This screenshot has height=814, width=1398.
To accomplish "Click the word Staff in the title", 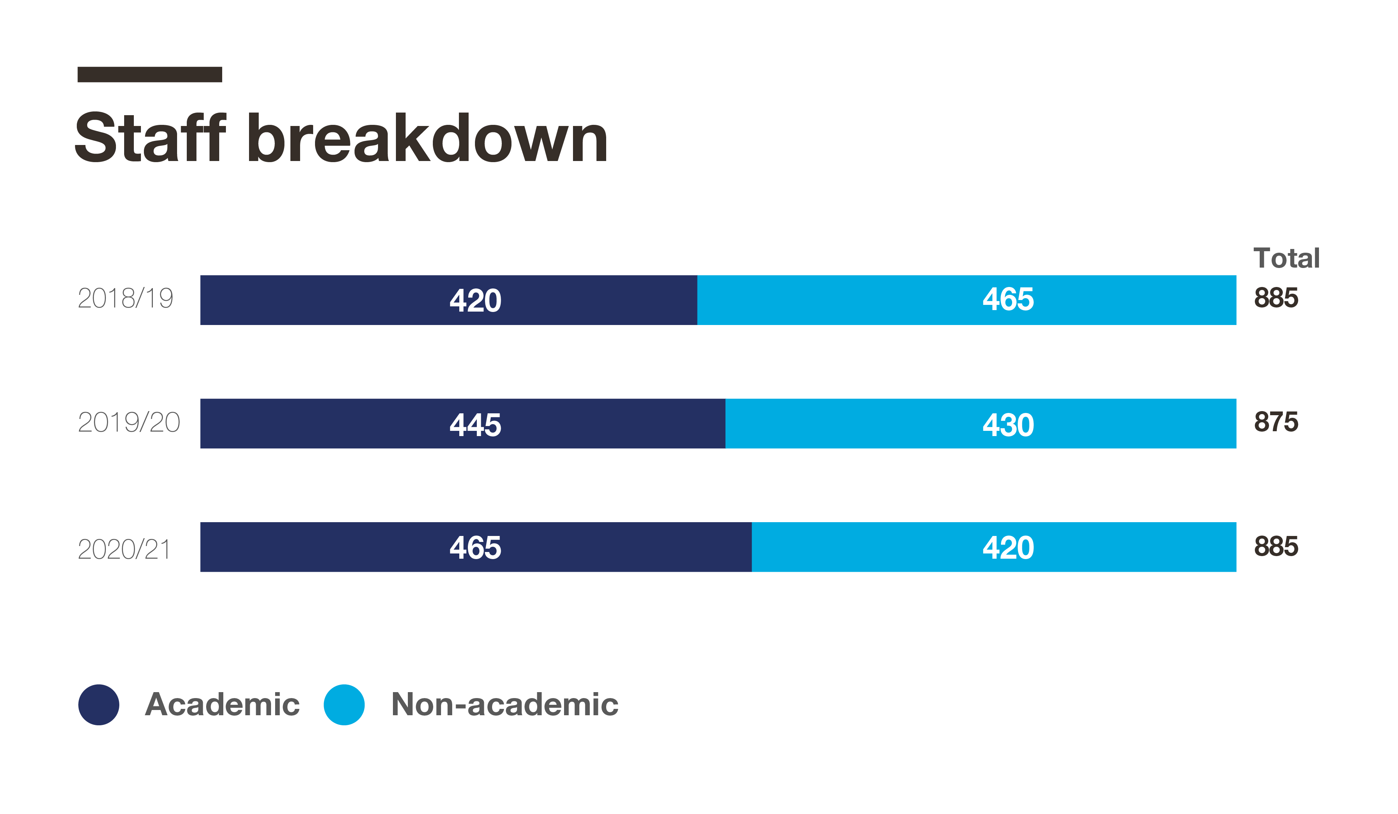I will pos(150,138).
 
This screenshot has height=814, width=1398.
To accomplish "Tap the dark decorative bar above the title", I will pos(150,74).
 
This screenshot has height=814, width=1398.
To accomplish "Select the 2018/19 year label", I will pos(125,298).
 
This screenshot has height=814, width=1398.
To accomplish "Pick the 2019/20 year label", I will pos(129,423).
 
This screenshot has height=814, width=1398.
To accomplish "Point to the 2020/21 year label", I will pos(124,549).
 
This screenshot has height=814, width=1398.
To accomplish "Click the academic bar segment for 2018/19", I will pos(388,300).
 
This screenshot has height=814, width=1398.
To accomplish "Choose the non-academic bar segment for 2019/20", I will pos(888,424).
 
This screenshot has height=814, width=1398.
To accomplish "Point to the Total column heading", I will pos(1286,258).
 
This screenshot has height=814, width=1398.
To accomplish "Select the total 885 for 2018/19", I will pos(1276,298).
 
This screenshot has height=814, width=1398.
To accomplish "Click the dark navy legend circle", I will pos(99,705).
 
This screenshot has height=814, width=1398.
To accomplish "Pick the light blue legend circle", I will pos(344,705).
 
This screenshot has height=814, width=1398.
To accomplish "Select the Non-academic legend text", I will pos(504,705).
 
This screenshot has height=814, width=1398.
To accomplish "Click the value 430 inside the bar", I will pos(1008,425).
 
